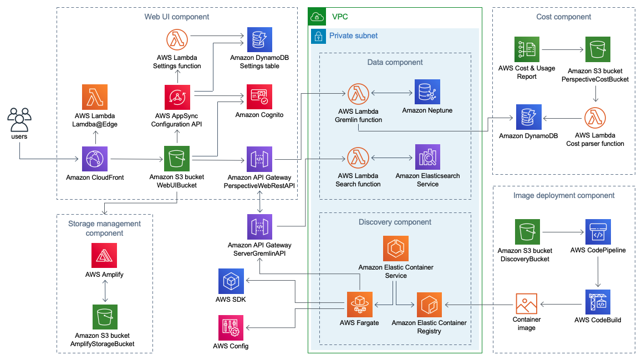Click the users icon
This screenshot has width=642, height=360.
(19, 119)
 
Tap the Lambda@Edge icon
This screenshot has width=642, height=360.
(95, 98)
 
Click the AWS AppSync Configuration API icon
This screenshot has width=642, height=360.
(177, 98)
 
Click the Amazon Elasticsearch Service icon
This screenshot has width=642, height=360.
(427, 158)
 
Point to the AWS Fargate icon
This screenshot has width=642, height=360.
(360, 305)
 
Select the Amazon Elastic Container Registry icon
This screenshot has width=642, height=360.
(429, 305)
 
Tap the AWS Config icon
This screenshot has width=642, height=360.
(231, 327)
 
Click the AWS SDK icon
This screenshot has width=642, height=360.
(231, 281)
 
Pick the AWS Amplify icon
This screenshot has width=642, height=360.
(104, 255)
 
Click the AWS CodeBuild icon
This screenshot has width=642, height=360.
(598, 302)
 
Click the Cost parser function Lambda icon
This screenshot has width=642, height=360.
(595, 118)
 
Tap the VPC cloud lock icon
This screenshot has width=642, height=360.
(317, 17)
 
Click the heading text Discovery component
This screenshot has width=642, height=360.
(395, 222)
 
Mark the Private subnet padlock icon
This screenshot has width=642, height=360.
(319, 36)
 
